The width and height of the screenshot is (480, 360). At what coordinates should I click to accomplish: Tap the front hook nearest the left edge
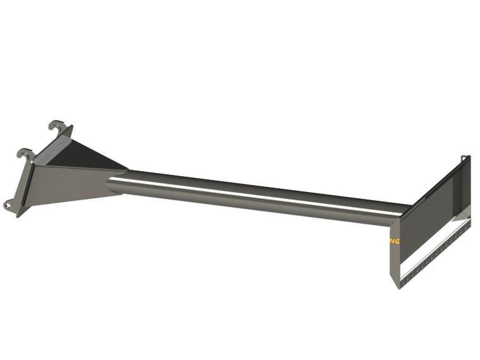pos(25,153)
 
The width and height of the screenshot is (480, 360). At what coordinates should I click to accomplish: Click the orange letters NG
pos(395,241)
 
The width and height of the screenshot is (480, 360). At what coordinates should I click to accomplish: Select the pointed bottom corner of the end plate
pos(398,287)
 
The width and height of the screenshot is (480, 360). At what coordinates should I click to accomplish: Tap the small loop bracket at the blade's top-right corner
pos(466,159)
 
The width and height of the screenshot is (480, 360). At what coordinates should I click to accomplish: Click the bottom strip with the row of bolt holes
pos(436,253)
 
